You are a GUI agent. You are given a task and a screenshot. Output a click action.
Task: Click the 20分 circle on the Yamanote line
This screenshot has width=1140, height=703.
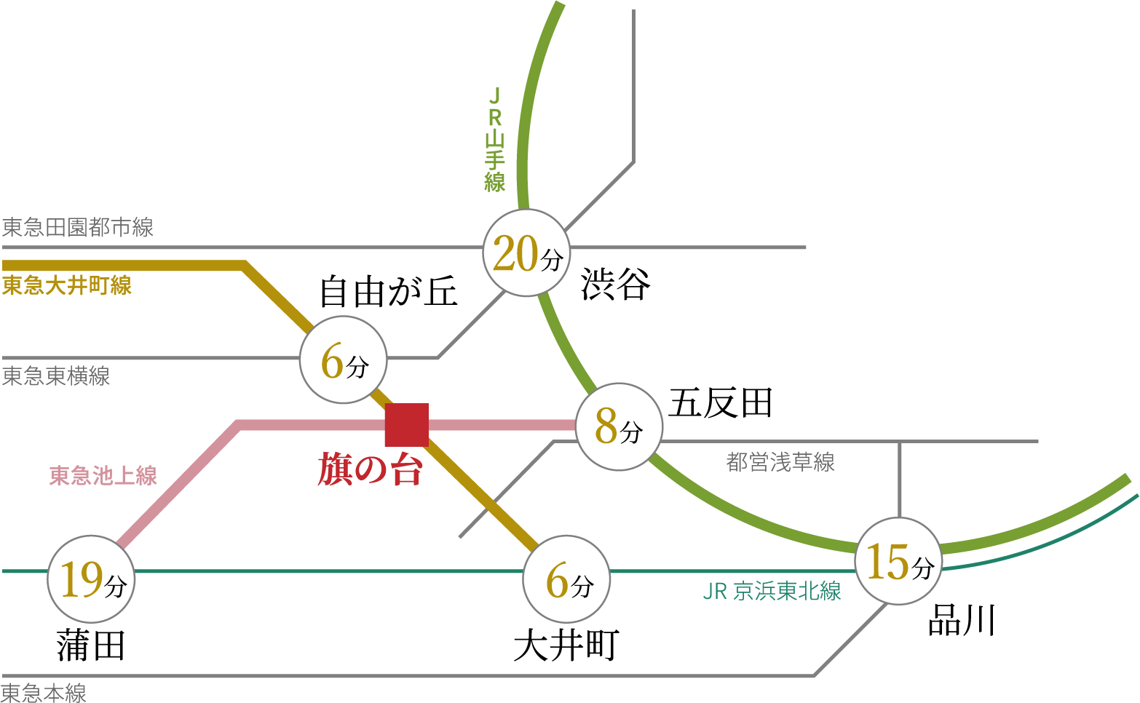click(526, 253)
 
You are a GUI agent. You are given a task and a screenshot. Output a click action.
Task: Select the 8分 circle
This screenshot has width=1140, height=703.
click(619, 426)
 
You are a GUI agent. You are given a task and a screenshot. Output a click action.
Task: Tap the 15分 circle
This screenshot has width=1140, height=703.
click(898, 561)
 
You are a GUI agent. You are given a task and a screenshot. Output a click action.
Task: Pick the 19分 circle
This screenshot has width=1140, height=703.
click(91, 579)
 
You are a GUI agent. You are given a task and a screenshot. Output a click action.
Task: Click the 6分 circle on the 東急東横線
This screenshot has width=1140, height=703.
click(344, 360)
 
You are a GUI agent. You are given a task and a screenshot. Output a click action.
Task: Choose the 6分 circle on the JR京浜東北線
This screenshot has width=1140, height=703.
click(566, 579)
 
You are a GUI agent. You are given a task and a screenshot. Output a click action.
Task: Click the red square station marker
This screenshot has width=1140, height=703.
click(406, 424)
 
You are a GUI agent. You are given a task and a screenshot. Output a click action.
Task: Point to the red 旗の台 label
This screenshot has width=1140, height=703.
click(370, 469)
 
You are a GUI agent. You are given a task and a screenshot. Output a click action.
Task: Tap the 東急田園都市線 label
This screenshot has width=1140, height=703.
click(78, 228)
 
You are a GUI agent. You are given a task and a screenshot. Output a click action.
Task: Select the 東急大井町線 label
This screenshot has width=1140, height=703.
click(67, 285)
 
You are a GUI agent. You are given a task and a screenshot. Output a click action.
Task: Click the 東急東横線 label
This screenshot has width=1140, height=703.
click(56, 376)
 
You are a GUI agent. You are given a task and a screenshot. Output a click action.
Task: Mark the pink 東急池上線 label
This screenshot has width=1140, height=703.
click(103, 476)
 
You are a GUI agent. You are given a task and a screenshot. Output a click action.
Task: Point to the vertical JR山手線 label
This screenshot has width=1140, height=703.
click(495, 140)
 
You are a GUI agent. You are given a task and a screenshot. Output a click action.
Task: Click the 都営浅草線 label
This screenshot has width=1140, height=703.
click(780, 462)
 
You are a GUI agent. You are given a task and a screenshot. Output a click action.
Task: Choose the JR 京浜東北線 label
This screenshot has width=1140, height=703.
click(772, 591)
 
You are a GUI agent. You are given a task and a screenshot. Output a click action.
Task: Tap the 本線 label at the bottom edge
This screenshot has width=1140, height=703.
click(44, 692)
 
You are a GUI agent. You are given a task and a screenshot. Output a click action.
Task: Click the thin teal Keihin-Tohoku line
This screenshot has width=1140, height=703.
click(328, 571)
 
